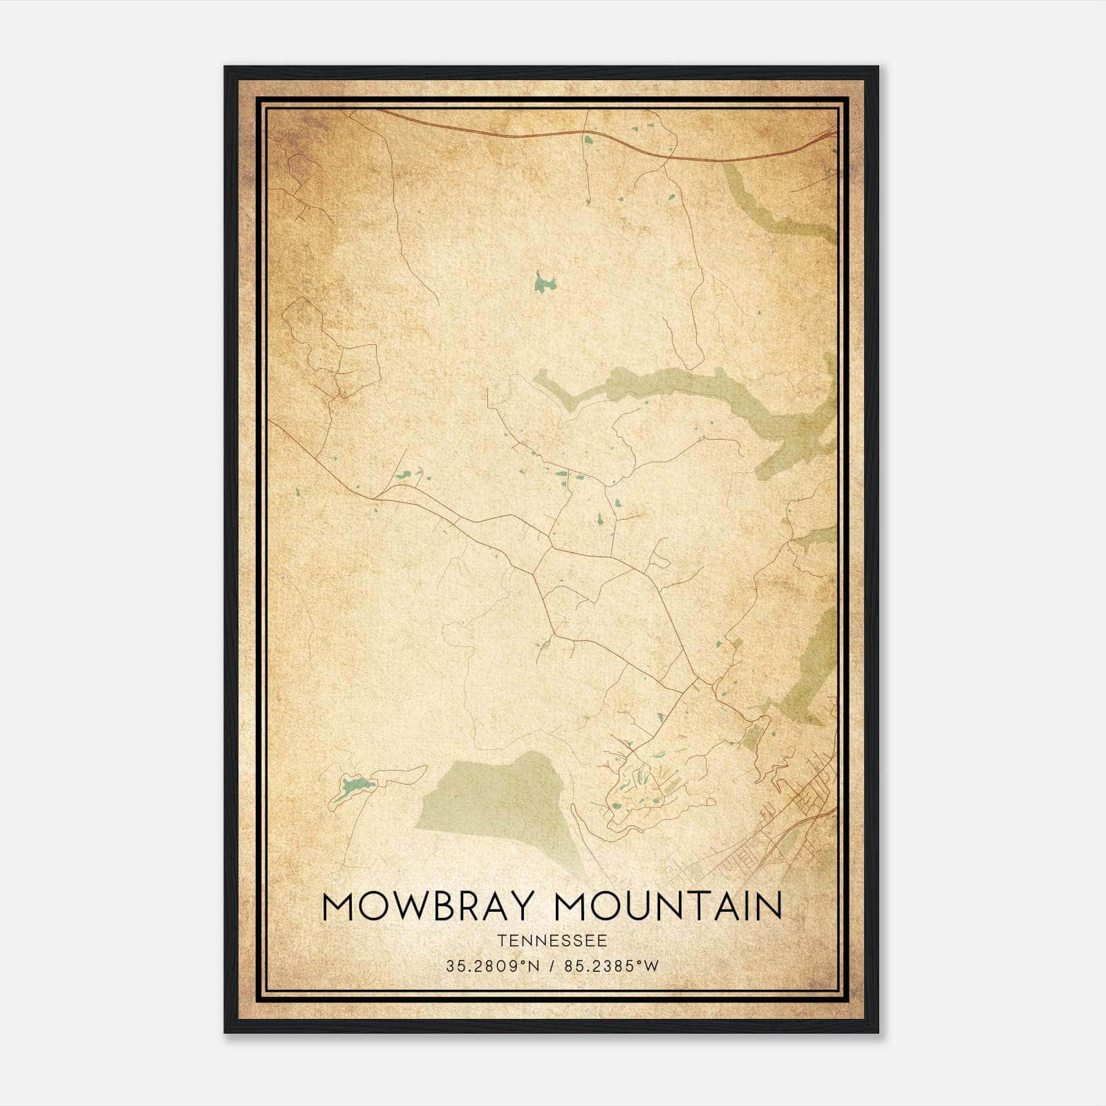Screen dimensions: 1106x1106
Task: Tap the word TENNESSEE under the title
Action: [552, 941]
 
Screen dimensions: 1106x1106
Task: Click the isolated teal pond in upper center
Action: [545, 283]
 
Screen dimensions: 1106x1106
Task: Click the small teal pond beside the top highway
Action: [588, 140]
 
